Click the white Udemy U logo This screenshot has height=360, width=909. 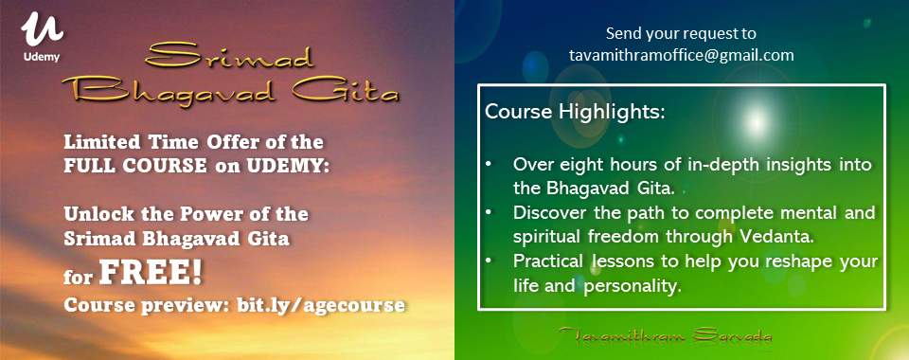pos(42,30)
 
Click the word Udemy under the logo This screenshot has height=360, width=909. pos(42,57)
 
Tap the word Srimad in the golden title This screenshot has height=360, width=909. pos(230,58)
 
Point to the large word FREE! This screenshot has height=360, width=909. pos(151,274)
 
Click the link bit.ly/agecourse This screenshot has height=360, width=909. pos(321,305)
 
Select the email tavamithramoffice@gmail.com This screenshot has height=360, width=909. pos(681,56)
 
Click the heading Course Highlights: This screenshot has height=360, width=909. pos(575,112)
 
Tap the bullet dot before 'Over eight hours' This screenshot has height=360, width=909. pos(490,165)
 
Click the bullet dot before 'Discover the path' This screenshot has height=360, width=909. pos(490,213)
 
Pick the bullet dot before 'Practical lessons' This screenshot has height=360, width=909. pos(490,261)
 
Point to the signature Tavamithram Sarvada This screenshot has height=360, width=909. pos(666,335)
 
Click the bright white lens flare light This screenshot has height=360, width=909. pos(755,120)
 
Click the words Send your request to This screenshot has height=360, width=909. pos(681,33)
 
